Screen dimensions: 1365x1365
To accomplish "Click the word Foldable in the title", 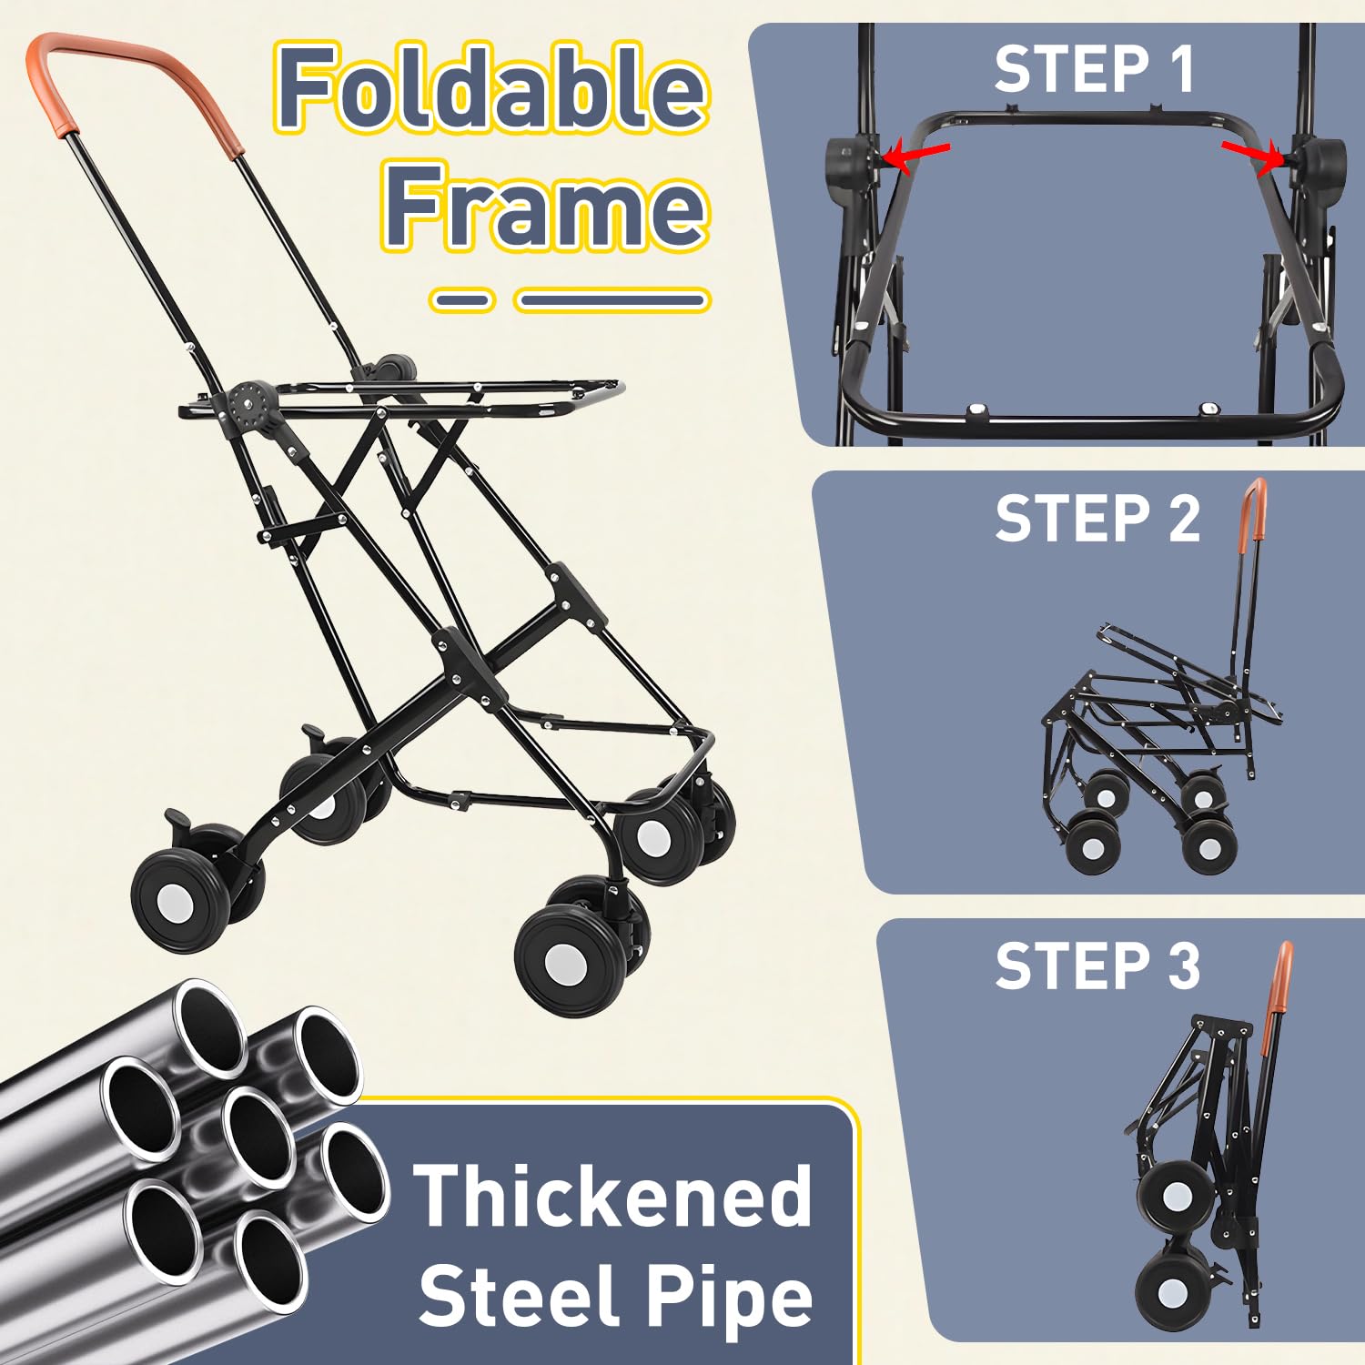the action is coord(491,89).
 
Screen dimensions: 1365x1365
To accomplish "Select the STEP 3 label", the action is coord(1097,966).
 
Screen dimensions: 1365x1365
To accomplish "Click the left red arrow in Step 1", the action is coord(916,156).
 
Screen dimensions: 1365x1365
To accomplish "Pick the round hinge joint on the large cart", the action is coord(246,405).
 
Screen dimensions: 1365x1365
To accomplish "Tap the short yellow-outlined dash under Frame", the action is coord(461,299).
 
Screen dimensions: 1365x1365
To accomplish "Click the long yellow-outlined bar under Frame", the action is coord(612,299).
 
